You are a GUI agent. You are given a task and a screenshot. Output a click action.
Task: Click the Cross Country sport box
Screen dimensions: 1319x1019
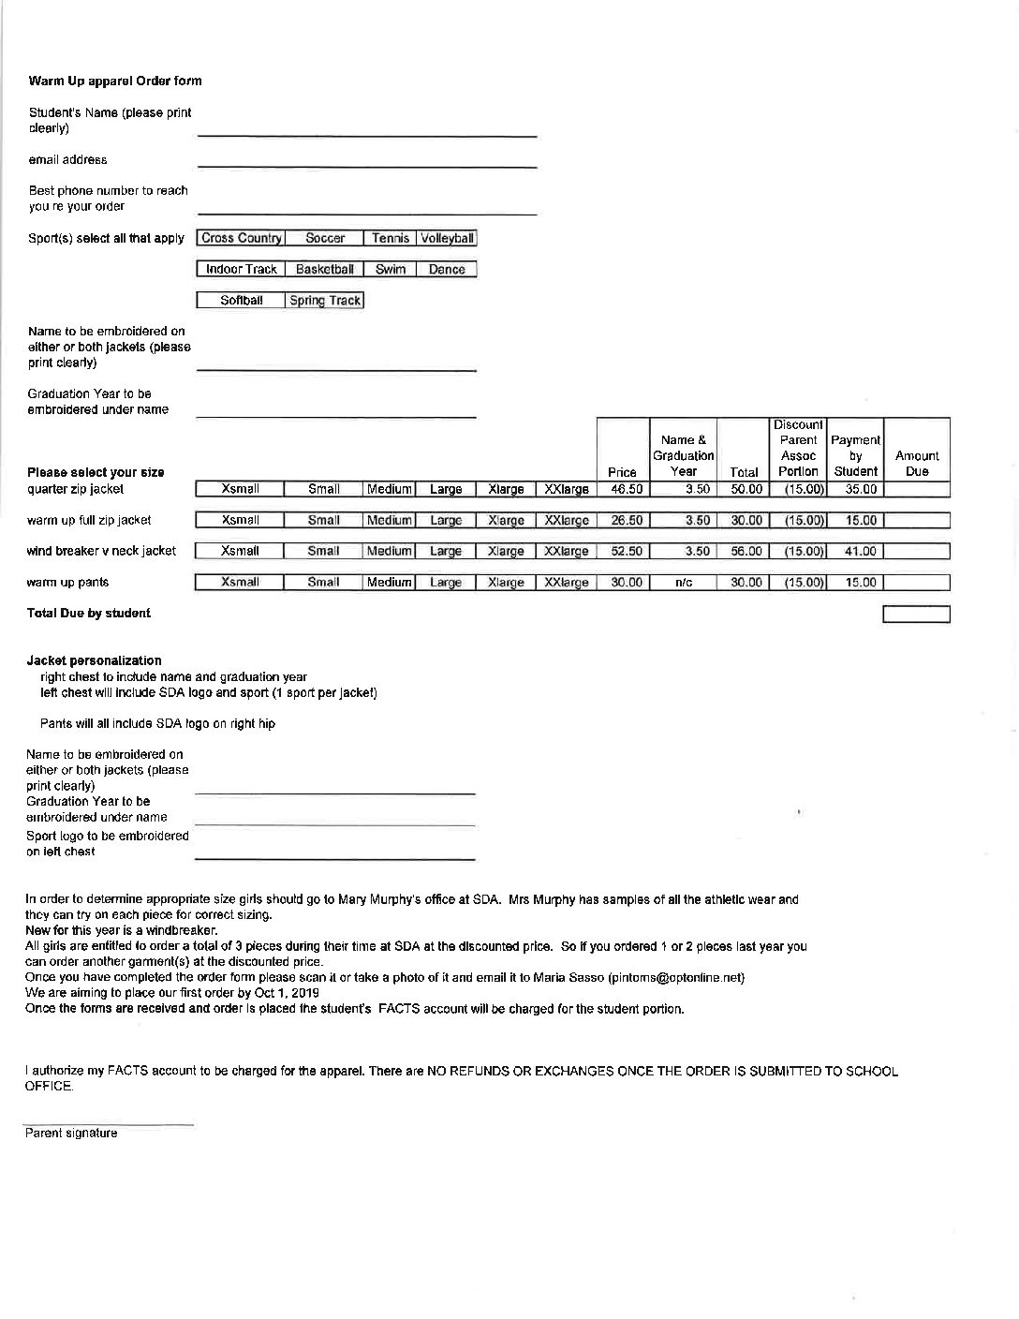tap(241, 238)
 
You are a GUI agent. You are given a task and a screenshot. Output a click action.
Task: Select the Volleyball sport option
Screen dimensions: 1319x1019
tap(447, 238)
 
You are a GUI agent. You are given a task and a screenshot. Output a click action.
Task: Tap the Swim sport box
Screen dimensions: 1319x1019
tap(391, 269)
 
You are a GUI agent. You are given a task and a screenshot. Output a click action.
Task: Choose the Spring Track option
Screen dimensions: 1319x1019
tap(325, 301)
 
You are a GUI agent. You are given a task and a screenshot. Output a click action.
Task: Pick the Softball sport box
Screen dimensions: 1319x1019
tap(241, 301)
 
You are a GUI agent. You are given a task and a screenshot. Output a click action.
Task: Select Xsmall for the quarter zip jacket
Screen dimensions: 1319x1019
tap(241, 489)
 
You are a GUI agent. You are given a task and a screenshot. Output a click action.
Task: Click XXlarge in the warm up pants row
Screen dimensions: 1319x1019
tap(566, 583)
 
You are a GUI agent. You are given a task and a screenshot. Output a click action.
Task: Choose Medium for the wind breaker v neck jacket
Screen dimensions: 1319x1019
tap(389, 551)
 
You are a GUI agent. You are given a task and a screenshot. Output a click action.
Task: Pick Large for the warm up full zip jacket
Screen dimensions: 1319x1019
tap(446, 520)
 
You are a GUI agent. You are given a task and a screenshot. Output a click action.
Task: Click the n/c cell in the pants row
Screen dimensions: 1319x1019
tap(684, 583)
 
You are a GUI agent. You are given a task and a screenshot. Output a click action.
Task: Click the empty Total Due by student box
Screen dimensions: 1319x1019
tap(917, 615)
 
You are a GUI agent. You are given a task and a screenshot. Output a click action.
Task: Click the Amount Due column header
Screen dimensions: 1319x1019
tap(917, 463)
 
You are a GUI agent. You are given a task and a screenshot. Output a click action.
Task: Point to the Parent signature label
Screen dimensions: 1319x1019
tap(71, 1134)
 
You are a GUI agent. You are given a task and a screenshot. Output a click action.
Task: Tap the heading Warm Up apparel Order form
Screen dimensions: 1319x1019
tap(115, 81)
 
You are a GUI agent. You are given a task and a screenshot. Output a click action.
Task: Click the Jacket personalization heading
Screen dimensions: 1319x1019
tap(94, 660)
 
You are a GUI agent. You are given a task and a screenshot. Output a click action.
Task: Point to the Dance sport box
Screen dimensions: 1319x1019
tap(447, 269)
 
